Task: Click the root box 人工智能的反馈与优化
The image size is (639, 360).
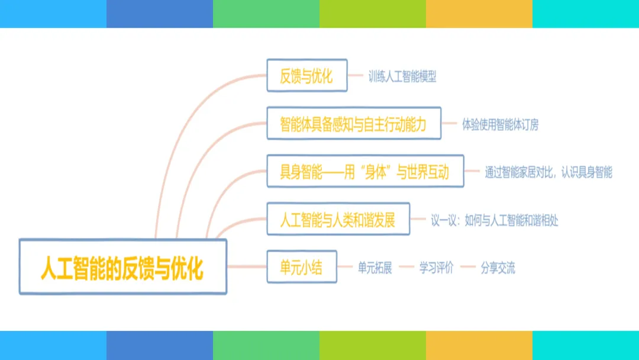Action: [x=123, y=266]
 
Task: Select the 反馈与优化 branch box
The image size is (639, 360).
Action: [x=306, y=75]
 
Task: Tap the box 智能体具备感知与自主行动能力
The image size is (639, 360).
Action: [x=353, y=123]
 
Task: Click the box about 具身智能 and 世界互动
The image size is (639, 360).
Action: [x=364, y=171]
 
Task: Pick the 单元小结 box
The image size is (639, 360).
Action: [x=302, y=266]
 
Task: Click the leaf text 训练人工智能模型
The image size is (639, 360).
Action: [x=402, y=76]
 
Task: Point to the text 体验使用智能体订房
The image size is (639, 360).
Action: [x=500, y=124]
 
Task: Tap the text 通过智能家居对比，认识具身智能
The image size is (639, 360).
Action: [x=548, y=172]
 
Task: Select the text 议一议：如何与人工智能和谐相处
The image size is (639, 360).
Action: [x=494, y=220]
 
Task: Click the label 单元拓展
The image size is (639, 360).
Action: [x=375, y=268]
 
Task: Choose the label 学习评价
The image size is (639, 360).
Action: [x=436, y=268]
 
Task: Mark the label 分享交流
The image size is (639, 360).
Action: [x=498, y=268]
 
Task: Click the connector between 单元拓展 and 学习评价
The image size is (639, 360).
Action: [x=406, y=267]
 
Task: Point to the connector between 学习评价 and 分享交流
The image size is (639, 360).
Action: [x=468, y=267]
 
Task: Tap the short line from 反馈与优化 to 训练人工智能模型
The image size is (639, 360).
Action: [x=355, y=75]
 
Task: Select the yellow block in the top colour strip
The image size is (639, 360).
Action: [x=479, y=14]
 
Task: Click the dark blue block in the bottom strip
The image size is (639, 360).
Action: [x=160, y=346]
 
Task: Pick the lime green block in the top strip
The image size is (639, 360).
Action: [x=373, y=14]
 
